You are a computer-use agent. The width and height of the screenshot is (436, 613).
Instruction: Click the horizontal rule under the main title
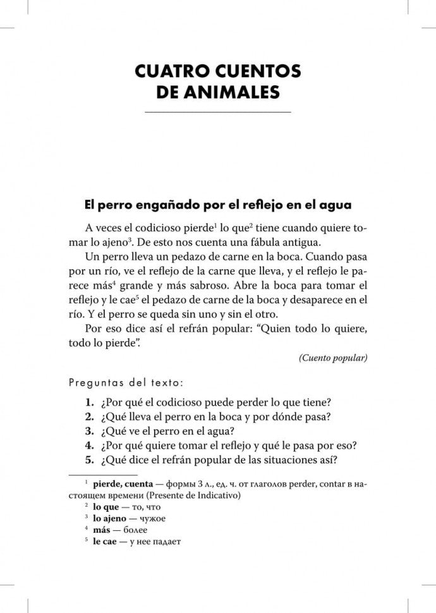(x=217, y=112)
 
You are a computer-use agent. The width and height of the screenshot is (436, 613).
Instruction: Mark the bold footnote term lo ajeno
(x=111, y=518)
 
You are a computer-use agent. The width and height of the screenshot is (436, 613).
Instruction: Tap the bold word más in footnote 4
(x=102, y=530)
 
